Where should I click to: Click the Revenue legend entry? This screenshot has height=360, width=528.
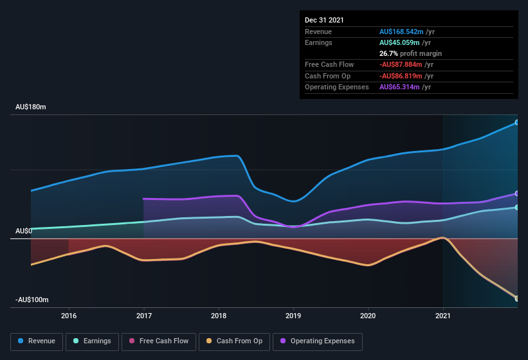point(37,341)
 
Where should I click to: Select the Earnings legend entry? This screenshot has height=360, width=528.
point(92,341)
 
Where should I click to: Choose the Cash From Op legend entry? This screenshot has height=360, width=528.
point(235,341)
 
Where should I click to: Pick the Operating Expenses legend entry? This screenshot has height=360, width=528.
point(317,341)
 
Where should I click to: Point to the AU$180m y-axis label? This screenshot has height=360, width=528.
point(31,107)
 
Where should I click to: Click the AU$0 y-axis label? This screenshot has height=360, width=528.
point(24,231)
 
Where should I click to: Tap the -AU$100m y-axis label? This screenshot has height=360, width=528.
point(32,300)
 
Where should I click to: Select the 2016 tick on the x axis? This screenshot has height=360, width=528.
point(69,316)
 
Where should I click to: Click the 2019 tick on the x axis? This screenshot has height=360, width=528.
point(293,316)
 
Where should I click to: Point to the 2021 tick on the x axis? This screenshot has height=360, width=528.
point(443,316)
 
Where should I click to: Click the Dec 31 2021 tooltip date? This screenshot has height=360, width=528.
point(324,20)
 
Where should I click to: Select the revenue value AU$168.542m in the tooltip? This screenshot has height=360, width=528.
point(402,32)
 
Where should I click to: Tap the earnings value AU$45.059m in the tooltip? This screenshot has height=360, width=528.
point(400,42)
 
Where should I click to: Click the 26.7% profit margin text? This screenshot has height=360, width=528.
point(410,53)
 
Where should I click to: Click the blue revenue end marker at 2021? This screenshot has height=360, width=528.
point(517,122)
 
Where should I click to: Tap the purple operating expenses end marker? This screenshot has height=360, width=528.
point(517,194)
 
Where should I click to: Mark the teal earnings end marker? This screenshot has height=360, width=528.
point(517,207)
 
